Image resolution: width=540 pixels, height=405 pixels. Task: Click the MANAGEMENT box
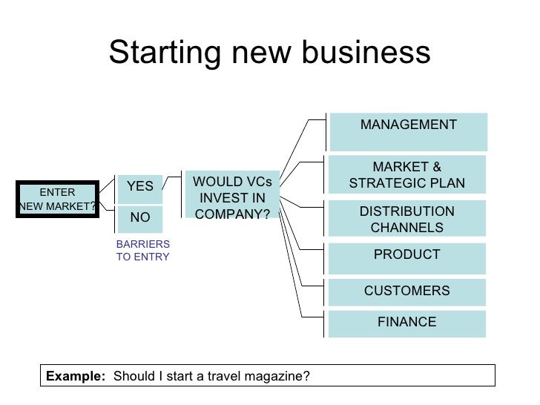408,131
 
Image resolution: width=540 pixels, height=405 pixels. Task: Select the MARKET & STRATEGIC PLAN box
407,175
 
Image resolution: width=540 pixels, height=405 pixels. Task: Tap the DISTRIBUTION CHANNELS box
407,219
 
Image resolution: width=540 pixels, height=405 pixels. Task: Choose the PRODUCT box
407,257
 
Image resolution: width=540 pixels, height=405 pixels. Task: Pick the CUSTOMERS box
407,292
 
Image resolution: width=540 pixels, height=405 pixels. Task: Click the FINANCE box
407,323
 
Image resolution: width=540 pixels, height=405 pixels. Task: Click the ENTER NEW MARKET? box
58,200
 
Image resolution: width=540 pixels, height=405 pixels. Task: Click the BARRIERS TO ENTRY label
143,251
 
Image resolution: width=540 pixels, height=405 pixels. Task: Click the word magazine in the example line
281,376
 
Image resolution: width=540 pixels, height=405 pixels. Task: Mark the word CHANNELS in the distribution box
407,228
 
